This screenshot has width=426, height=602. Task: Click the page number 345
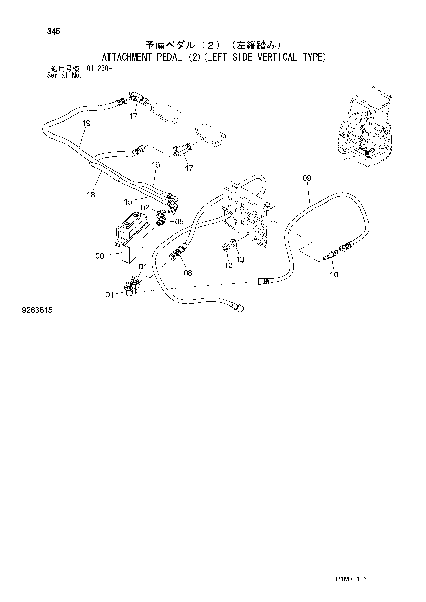tap(54, 31)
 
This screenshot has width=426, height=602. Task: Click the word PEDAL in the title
tap(169, 57)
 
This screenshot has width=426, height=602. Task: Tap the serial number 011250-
tap(99, 69)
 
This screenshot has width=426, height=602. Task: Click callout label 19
tap(86, 123)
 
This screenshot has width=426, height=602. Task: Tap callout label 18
tap(91, 195)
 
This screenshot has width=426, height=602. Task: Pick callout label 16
tap(156, 165)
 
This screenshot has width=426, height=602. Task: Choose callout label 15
tap(128, 202)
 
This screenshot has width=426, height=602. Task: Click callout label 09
tap(307, 178)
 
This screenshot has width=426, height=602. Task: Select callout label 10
tap(334, 275)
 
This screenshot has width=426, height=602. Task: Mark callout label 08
tap(188, 273)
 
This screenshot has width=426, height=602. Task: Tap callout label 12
tap(228, 266)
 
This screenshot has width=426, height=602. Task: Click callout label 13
tap(240, 260)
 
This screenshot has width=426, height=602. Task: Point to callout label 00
tap(100, 256)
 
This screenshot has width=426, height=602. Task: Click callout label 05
tap(179, 222)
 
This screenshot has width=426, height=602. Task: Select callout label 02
tap(145, 208)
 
